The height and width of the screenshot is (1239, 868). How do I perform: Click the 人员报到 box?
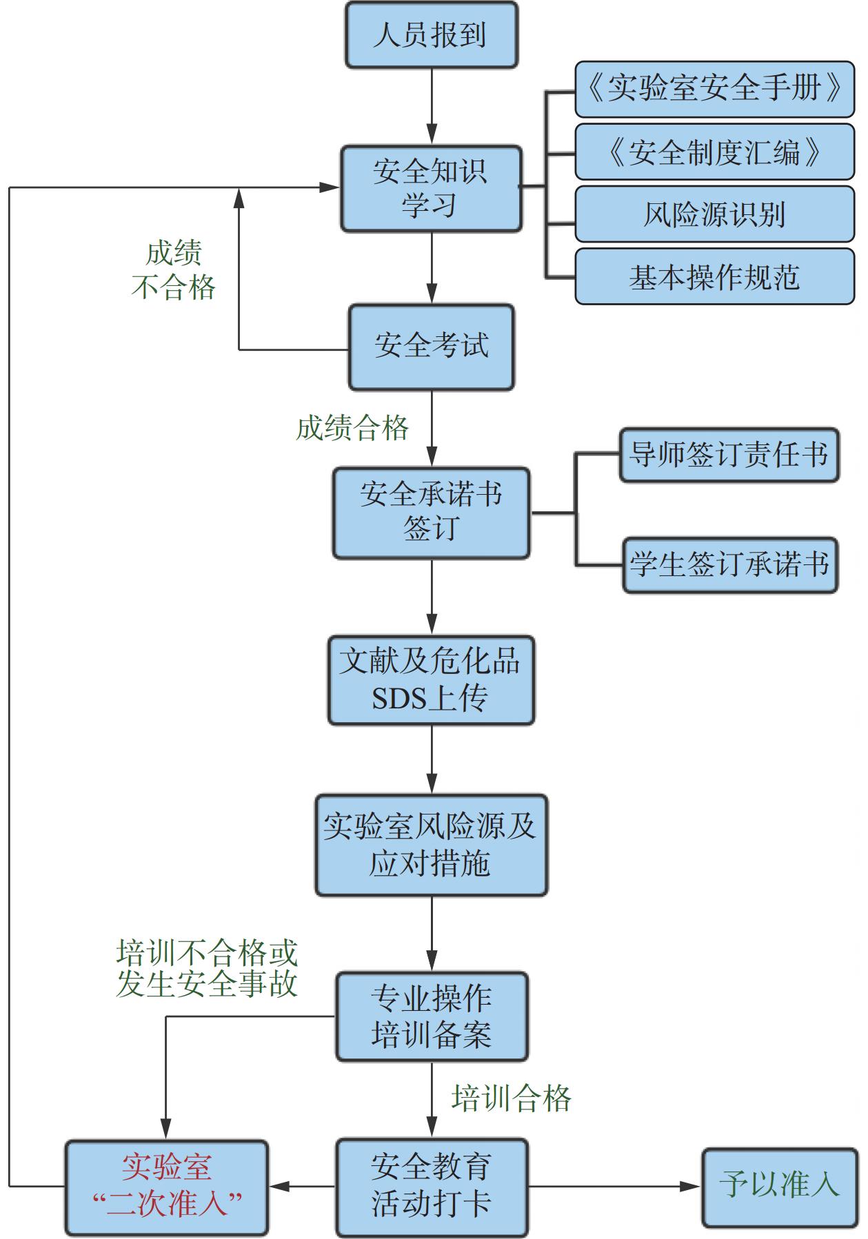(x=431, y=35)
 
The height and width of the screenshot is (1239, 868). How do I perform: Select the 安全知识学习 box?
(x=431, y=188)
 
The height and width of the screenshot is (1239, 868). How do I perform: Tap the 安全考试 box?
(x=431, y=347)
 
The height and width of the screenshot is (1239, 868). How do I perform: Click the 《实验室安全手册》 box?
(x=714, y=89)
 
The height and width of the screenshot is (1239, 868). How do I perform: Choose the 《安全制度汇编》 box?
(x=714, y=152)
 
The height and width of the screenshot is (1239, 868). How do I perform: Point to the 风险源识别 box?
(x=714, y=214)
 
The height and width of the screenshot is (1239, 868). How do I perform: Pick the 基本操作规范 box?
(x=714, y=277)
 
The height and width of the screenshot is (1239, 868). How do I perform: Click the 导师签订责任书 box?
(x=729, y=454)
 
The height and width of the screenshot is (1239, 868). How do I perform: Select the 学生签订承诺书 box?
(x=729, y=565)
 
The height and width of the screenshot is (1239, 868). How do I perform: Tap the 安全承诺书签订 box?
(x=431, y=513)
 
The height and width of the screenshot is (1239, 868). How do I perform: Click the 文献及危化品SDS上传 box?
(x=431, y=680)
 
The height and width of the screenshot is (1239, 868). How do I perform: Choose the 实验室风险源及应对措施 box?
(x=431, y=845)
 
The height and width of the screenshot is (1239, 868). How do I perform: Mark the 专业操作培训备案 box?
(x=431, y=1016)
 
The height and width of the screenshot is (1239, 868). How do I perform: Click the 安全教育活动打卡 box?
(x=431, y=1187)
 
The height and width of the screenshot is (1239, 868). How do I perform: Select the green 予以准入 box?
(x=779, y=1187)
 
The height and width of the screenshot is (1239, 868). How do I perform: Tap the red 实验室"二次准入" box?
(x=166, y=1187)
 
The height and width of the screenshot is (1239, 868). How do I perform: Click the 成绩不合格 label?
(x=174, y=271)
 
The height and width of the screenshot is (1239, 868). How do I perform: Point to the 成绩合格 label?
(x=352, y=429)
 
